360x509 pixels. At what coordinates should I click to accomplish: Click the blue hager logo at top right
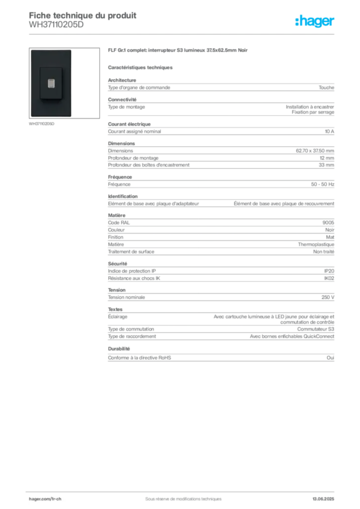click(x=315, y=21)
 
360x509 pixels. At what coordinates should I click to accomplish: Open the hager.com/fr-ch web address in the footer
click(x=45, y=498)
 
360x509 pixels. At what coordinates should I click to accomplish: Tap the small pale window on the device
click(x=50, y=83)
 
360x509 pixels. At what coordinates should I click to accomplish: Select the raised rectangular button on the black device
click(x=50, y=83)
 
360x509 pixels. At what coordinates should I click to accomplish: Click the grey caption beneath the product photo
click(x=42, y=124)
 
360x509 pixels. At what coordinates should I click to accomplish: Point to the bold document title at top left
click(x=82, y=13)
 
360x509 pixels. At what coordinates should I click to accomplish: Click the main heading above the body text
click(x=179, y=52)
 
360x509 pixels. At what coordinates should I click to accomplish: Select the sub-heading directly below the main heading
click(x=141, y=67)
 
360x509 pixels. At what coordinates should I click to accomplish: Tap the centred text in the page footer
click(x=179, y=496)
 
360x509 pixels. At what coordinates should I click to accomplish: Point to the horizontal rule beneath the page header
click(x=183, y=34)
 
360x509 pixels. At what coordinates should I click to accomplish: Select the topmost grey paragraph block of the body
click(x=221, y=87)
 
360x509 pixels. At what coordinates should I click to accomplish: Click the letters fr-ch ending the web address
click(x=56, y=498)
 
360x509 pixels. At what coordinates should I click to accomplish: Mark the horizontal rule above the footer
click(x=183, y=490)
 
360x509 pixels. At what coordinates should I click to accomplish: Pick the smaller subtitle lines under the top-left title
click(x=55, y=26)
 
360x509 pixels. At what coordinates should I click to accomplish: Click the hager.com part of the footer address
click(x=39, y=498)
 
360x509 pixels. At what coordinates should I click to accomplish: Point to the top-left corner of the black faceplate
click(x=31, y=50)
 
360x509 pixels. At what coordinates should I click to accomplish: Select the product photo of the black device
click(x=51, y=83)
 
